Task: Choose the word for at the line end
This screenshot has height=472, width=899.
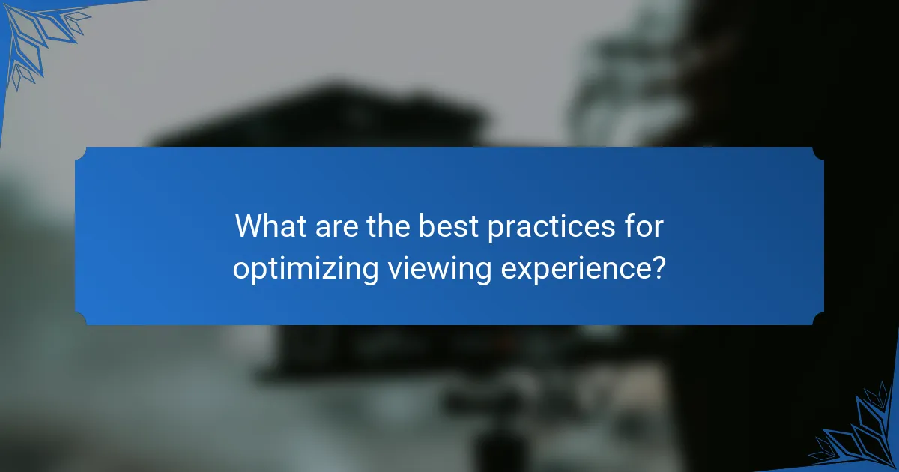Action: [x=645, y=226]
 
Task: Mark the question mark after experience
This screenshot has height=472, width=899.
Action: [x=658, y=268]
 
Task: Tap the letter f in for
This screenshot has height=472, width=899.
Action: [x=631, y=226]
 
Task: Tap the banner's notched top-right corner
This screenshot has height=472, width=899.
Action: [x=818, y=153]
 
